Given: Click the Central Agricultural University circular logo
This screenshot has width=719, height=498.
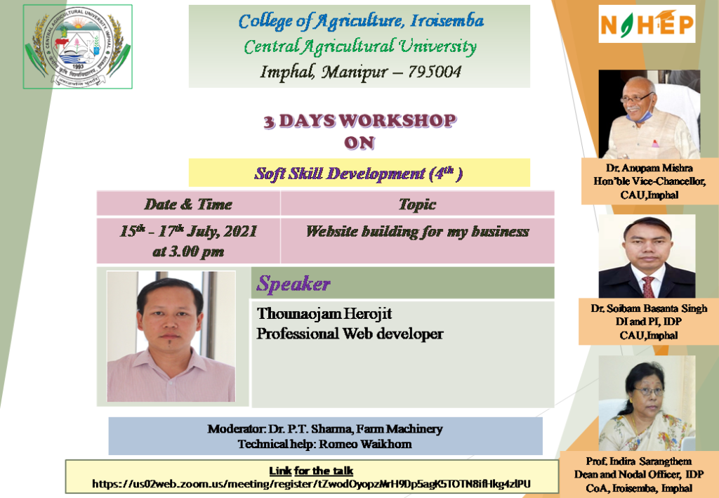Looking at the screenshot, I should pos(78,46).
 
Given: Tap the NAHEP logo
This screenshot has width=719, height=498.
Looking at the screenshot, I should pos(647,25).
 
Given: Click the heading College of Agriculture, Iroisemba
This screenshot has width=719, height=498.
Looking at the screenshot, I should pos(361,21).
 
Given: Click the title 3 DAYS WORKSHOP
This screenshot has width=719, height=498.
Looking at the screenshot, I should pos(359,121).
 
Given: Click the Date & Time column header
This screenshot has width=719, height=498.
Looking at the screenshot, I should pos(187,204).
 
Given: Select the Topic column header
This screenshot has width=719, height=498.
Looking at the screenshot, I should pos(417,204).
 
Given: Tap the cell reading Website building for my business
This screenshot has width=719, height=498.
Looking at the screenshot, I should pos(417,231).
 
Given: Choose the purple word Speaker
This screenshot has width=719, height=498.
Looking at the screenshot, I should pos(293,284).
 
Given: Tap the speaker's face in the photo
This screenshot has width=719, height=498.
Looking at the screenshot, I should pos(169,317).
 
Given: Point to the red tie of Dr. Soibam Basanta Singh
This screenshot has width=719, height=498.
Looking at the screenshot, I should pos(647,286).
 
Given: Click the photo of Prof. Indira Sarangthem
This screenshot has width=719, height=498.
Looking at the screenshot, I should pos(647,403).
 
